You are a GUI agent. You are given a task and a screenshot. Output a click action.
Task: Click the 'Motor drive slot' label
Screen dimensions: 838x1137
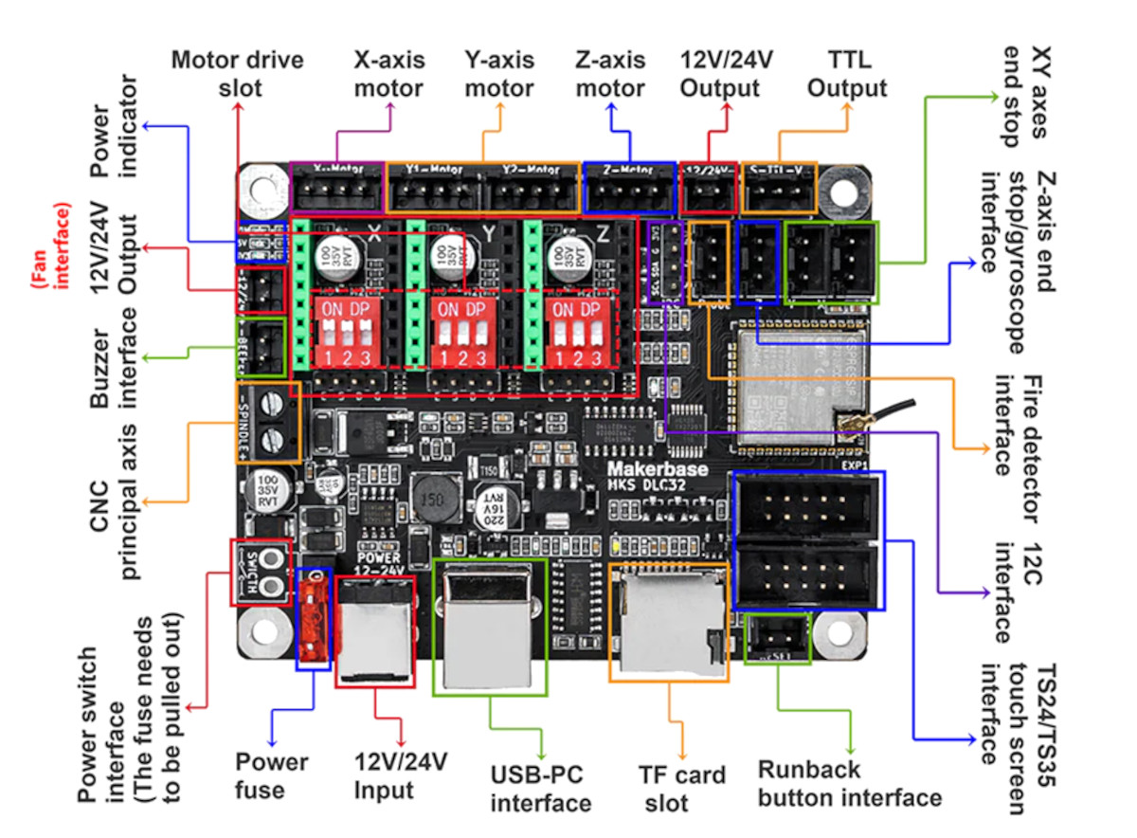(x=237, y=74)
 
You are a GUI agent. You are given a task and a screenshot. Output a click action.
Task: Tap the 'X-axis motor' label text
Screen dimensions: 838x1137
(x=388, y=74)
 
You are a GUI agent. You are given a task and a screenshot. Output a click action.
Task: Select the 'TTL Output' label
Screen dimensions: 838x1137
(x=847, y=74)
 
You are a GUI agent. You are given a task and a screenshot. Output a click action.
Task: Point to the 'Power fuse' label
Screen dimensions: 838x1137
(x=272, y=774)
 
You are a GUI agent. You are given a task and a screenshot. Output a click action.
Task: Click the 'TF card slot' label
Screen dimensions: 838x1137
(x=681, y=788)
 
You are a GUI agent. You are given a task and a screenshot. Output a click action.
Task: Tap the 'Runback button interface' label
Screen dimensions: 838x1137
(x=850, y=783)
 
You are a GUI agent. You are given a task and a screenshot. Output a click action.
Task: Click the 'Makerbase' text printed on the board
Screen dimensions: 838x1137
(x=647, y=467)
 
